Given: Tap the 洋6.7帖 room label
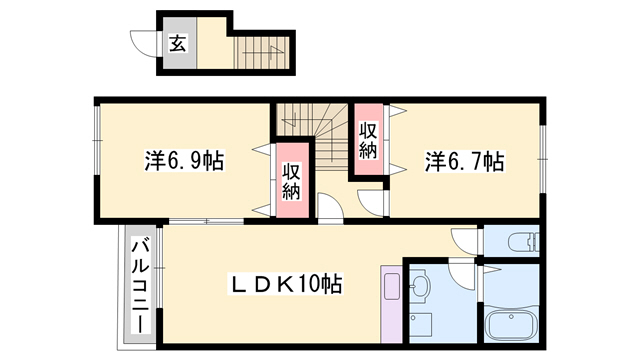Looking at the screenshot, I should [x=464, y=160].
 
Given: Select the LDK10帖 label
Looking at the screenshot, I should [x=287, y=285].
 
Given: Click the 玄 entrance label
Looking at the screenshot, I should [x=177, y=43].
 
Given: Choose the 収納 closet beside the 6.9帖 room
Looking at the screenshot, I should [x=291, y=181].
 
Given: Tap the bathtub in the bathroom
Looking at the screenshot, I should [x=512, y=325].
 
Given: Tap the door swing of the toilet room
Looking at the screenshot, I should [x=466, y=240].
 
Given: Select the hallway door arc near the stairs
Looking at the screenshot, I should [x=331, y=209].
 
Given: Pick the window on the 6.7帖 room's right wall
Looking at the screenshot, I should [x=544, y=145].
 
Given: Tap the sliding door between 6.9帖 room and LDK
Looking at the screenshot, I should [x=206, y=219].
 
